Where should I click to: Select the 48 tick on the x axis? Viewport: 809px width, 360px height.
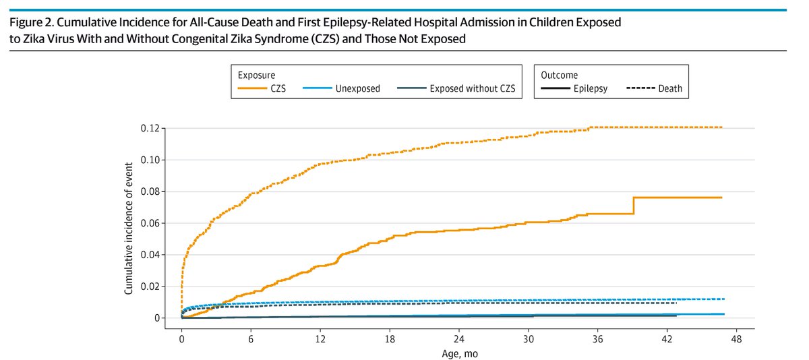pyautogui.click(x=736, y=337)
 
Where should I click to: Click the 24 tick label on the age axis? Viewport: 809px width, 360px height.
pyautogui.click(x=458, y=337)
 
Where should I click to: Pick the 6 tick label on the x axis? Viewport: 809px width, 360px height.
pyautogui.click(x=251, y=337)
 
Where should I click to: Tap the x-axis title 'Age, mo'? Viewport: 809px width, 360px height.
pyautogui.click(x=459, y=351)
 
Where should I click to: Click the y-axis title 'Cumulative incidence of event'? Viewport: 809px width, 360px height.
pyautogui.click(x=127, y=222)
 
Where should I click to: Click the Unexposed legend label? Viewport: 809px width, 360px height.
pyautogui.click(x=357, y=88)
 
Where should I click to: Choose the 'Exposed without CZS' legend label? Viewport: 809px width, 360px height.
pyautogui.click(x=473, y=88)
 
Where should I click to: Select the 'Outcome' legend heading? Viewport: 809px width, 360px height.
pyautogui.click(x=559, y=75)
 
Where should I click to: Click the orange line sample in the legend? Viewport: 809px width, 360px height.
pyautogui.click(x=253, y=88)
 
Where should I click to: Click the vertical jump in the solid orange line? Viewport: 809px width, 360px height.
pyautogui.click(x=634, y=206)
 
